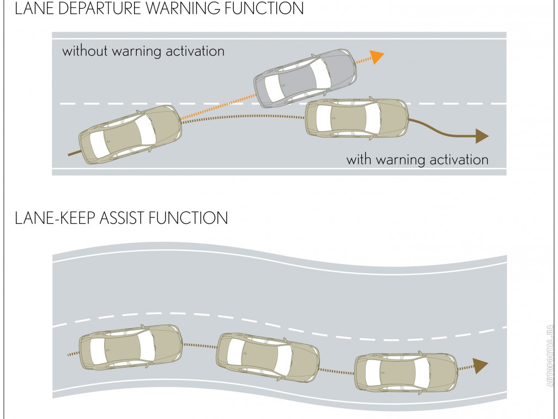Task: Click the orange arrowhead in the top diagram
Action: pos(377,56)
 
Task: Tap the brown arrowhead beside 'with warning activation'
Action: pos(482,136)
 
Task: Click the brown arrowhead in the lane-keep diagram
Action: pos(480,366)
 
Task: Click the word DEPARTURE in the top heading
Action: pos(96,9)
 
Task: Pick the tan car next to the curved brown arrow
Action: pos(356,118)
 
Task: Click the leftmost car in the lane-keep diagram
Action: pos(130,348)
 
